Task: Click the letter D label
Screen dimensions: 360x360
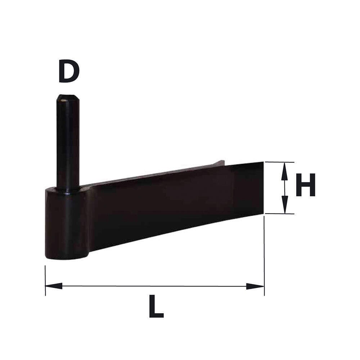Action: pyautogui.click(x=69, y=71)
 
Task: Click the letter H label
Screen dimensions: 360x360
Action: pyautogui.click(x=306, y=185)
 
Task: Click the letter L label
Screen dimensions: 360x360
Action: pyautogui.click(x=156, y=306)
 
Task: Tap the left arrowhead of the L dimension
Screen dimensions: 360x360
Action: pyautogui.click(x=54, y=286)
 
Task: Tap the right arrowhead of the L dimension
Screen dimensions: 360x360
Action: pyautogui.click(x=255, y=286)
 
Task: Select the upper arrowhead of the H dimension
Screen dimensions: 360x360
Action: pyautogui.click(x=285, y=171)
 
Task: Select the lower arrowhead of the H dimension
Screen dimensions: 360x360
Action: pyautogui.click(x=285, y=205)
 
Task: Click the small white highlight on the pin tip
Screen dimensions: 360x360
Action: pyautogui.click(x=63, y=100)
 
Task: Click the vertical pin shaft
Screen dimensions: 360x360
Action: pyautogui.click(x=68, y=142)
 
